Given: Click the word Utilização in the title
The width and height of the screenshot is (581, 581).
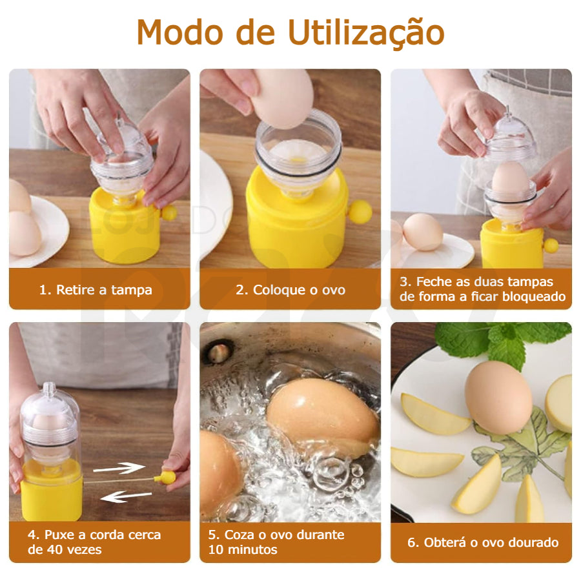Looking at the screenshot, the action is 366,33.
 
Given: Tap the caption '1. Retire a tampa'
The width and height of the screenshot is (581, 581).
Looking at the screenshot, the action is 96,290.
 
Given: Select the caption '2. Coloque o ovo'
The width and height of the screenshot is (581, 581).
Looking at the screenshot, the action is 290,290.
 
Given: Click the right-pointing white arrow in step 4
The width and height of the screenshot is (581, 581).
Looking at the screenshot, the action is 119,468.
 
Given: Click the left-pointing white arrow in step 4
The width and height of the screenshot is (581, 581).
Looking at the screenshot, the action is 126,496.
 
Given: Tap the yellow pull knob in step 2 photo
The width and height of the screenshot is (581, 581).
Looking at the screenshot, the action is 360,212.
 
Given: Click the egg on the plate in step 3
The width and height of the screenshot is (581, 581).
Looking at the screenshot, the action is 423,232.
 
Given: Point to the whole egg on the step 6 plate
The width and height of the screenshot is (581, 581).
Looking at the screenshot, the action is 498,397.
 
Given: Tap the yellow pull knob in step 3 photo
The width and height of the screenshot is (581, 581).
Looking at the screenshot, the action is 551,246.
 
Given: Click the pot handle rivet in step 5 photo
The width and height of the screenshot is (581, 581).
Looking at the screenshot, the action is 218,353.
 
